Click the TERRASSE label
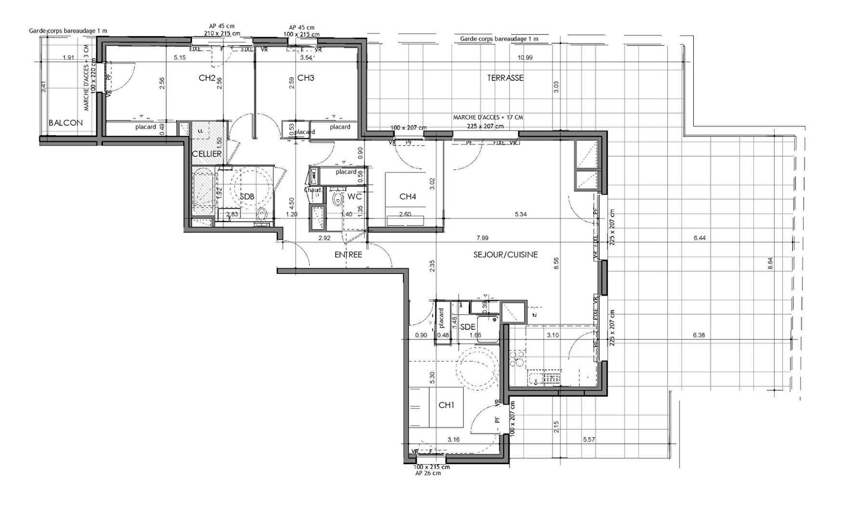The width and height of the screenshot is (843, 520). pyautogui.click(x=505, y=78)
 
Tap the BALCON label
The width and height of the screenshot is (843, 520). pyautogui.click(x=65, y=123)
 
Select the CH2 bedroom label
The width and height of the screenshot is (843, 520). pyautogui.click(x=207, y=78)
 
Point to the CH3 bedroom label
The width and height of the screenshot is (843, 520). pyautogui.click(x=306, y=78)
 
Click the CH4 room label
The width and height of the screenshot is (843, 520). pyautogui.click(x=407, y=196)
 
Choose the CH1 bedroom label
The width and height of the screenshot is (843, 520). pyautogui.click(x=446, y=405)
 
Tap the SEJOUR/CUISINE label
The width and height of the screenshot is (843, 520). pyautogui.click(x=506, y=255)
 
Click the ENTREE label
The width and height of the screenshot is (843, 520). pyautogui.click(x=348, y=255)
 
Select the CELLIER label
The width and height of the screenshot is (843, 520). pyautogui.click(x=207, y=154)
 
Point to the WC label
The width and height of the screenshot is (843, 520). pyautogui.click(x=354, y=197)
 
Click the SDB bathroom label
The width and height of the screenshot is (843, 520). pyautogui.click(x=247, y=197)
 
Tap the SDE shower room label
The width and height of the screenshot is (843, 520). pyautogui.click(x=468, y=327)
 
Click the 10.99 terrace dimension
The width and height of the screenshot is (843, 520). pyautogui.click(x=525, y=58)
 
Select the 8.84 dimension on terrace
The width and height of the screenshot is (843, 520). pyautogui.click(x=770, y=263)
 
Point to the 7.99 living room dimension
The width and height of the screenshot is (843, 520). pyautogui.click(x=482, y=238)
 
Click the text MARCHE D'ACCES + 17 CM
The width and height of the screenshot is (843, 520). pyautogui.click(x=488, y=117)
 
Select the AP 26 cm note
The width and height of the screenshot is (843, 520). pyautogui.click(x=428, y=473)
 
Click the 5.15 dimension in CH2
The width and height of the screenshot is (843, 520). pyautogui.click(x=180, y=58)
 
